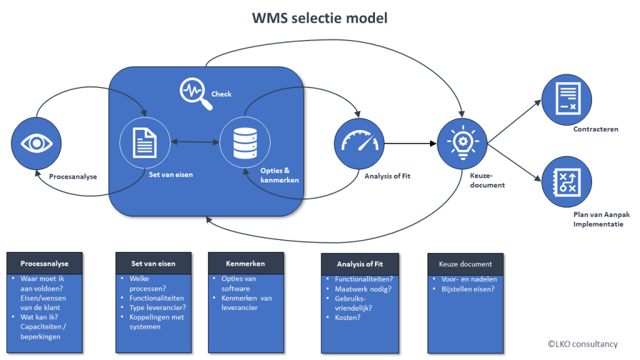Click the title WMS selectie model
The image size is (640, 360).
click(319, 18)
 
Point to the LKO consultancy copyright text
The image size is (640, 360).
click(582, 344)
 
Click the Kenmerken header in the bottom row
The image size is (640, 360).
click(246, 264)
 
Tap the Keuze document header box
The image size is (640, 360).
click(465, 264)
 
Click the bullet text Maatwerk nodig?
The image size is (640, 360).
click(363, 289)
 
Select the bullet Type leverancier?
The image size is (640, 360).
click(157, 307)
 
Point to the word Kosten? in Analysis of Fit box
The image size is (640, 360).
click(347, 317)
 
